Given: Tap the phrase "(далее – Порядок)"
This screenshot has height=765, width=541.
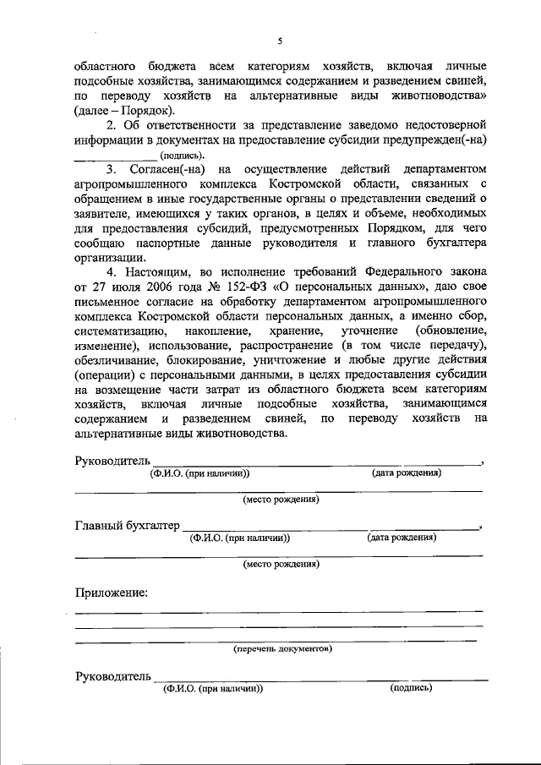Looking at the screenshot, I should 124,110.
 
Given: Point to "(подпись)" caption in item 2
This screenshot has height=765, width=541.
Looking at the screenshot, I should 182,156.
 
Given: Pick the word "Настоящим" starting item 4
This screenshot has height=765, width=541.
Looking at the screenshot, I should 161,272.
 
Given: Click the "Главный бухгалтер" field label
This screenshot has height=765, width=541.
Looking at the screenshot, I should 127,526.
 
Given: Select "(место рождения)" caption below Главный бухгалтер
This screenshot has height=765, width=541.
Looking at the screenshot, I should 281,564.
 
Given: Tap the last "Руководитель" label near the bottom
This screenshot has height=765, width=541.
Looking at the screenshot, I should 113,676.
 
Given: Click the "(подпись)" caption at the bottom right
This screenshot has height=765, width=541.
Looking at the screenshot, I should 412,688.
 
